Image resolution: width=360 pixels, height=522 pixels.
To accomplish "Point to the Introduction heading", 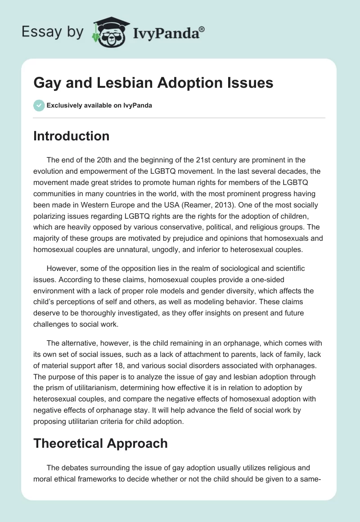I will (x=71, y=136).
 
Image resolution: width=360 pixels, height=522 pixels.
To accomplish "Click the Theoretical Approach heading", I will (x=100, y=443).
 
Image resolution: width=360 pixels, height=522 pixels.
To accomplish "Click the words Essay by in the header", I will (x=53, y=32).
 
